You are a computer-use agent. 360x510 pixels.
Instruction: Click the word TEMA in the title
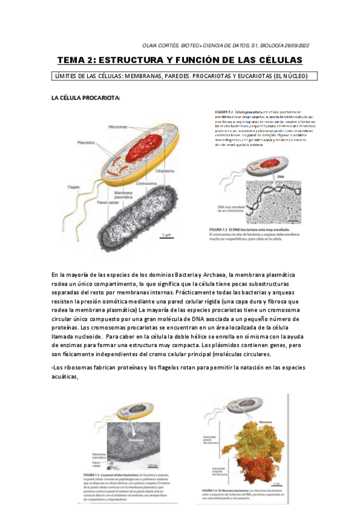click(71, 60)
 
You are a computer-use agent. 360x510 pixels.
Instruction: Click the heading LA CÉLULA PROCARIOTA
click(85, 97)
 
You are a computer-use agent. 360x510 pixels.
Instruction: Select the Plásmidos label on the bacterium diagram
click(88, 143)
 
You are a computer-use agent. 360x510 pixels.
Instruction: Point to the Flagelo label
click(74, 187)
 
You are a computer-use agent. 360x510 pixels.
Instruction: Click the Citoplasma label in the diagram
click(166, 171)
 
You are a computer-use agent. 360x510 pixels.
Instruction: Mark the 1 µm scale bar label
click(166, 235)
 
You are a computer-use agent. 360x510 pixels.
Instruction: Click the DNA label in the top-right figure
click(280, 176)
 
